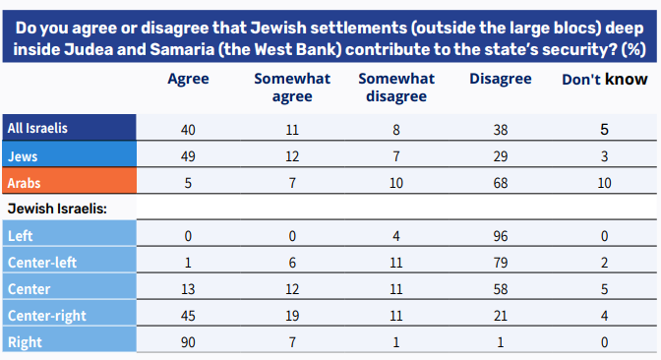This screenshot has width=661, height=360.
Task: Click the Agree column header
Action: pos(188,80)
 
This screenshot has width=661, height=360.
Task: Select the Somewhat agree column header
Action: pos(292,88)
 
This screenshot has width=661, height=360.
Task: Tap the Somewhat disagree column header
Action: pos(396,88)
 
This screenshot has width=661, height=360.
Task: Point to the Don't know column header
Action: pos(605,80)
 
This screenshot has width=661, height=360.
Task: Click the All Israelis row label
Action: pos(37,128)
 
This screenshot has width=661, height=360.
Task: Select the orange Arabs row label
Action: pos(24,183)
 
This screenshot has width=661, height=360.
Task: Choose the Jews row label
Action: pos(23,156)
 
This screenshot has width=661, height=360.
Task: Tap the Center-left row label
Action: pos(42,263)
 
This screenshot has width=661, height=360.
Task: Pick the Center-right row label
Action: pos(47,316)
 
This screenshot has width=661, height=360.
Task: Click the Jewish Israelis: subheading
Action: pos(57,209)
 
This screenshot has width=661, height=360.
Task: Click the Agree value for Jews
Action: pos(188,156)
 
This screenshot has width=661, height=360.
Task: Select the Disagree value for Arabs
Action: pos(501,183)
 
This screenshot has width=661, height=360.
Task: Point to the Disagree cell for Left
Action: pos(501,236)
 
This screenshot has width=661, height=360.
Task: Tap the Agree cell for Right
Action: pos(188,342)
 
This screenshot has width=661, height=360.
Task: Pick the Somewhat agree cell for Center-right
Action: pos(292,316)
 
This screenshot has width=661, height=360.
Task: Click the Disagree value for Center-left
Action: pos(501,263)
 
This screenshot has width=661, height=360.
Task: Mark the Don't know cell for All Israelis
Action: pos(605,130)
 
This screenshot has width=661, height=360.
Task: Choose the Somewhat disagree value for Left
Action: pos(396,236)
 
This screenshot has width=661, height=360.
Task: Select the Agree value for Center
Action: pos(188,289)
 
